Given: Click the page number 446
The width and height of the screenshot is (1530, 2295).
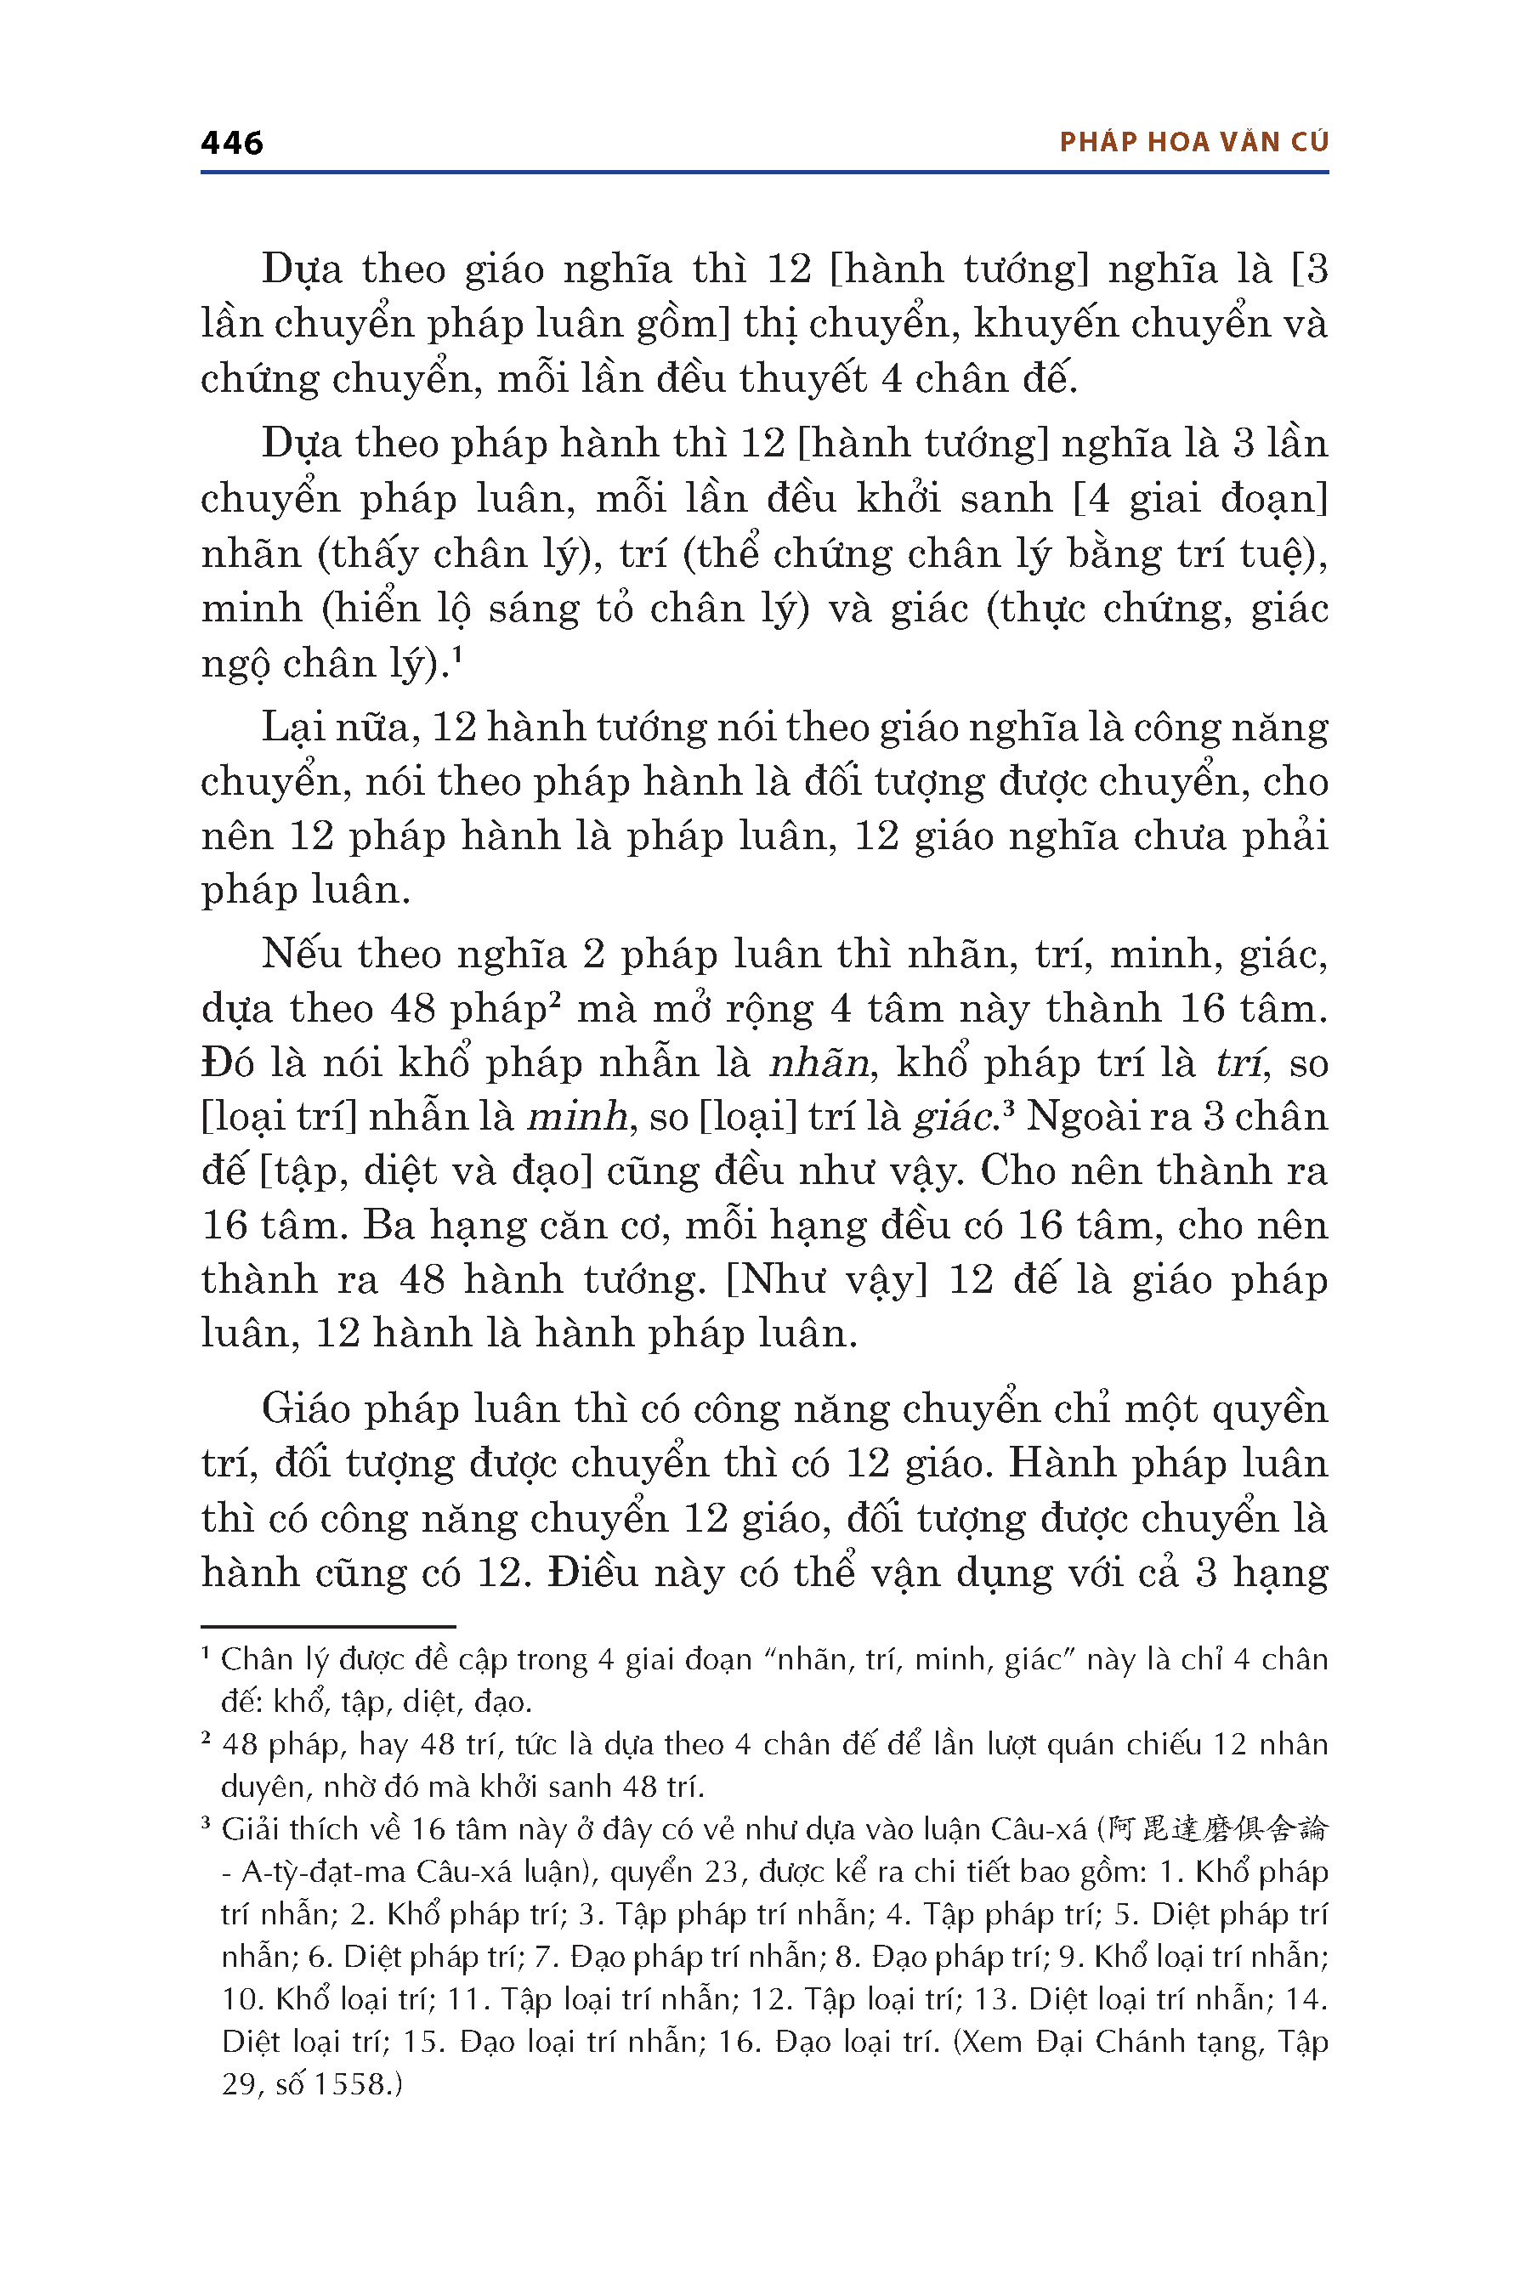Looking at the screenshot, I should pos(231,144).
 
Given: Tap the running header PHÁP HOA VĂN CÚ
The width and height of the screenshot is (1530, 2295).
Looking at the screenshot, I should pos(1193,143).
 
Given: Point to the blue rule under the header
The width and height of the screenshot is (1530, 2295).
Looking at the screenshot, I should pos(764,173).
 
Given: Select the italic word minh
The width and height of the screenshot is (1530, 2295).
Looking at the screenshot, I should pos(575,1116).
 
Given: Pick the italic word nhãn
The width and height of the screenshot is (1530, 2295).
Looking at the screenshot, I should pos(818,1062).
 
